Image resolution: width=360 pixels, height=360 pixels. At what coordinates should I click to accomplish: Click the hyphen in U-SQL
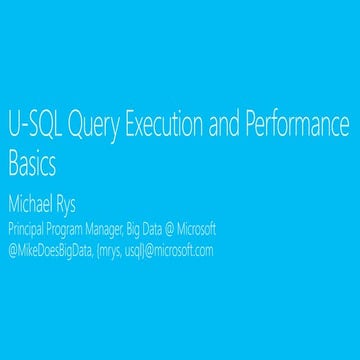click(21, 131)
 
